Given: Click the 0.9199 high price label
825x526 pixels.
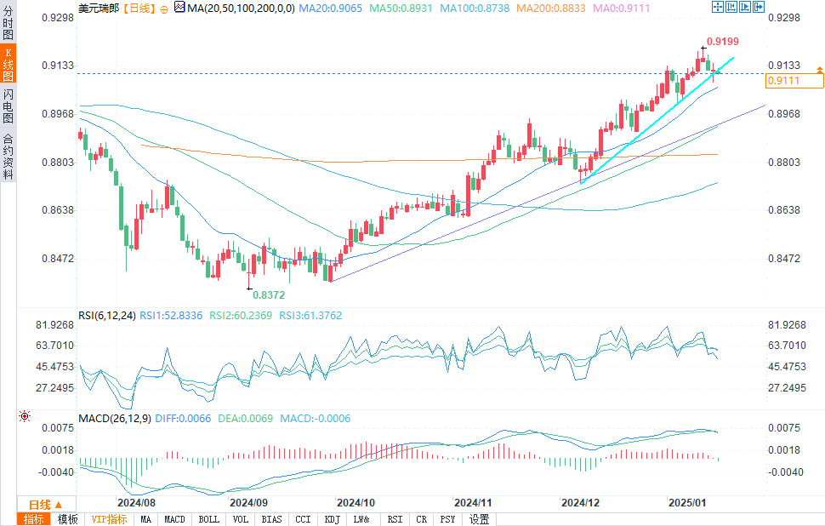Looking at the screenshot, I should coord(722,41).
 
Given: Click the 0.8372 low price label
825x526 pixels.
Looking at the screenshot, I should coord(266,294).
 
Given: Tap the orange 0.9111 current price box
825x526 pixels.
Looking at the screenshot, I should coord(794,81).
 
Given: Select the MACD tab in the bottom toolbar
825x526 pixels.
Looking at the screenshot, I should coord(174,519).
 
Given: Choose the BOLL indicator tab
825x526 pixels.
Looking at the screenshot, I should coord(208,519).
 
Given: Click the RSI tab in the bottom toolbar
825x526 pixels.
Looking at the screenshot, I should coord(395,519).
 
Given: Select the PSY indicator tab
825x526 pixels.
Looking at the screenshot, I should coord(447,519).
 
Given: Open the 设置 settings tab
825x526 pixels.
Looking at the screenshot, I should coord(480,519).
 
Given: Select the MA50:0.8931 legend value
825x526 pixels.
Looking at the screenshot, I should coord(389,8).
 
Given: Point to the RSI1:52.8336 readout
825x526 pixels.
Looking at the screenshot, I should coord(170,316).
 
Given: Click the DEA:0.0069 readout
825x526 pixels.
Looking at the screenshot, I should coord(233,419).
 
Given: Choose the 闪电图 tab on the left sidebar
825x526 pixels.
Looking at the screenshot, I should coord(8,106).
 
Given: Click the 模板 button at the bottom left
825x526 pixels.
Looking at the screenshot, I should coord(67,519).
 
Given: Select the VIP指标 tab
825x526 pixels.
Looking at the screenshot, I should coord(108,519).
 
